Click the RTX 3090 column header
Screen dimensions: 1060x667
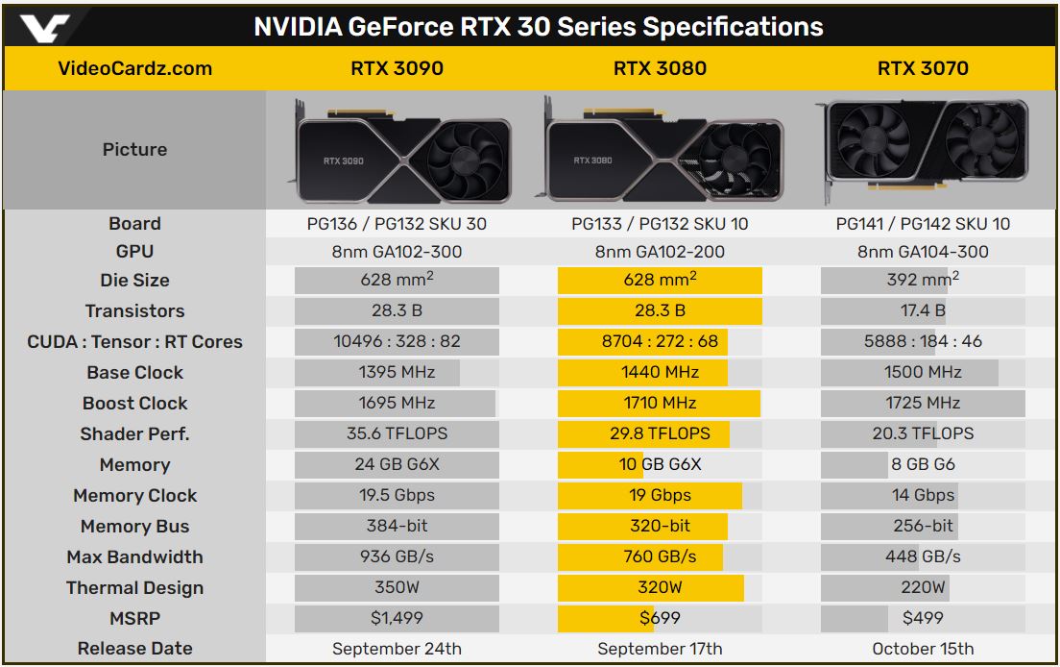click(x=397, y=68)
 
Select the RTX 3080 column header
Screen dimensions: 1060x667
click(x=660, y=68)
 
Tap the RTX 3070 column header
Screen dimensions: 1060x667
click(x=923, y=68)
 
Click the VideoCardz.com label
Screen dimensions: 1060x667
click(x=135, y=68)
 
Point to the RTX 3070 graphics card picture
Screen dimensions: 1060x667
click(x=923, y=150)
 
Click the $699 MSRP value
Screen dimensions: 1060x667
click(x=660, y=618)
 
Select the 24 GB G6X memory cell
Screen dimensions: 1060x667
click(x=397, y=465)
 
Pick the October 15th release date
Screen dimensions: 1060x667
click(x=923, y=650)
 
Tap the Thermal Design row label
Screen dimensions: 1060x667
click(x=135, y=588)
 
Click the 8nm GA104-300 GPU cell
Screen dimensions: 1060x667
click(x=923, y=253)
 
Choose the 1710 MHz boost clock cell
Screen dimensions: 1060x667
click(x=660, y=403)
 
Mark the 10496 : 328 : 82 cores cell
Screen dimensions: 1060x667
click(x=397, y=341)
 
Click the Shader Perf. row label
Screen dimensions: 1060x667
click(x=135, y=434)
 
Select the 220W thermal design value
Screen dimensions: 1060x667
click(x=923, y=587)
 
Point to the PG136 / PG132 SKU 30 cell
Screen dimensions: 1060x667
click(x=397, y=224)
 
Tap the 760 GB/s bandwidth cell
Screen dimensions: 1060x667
click(x=660, y=556)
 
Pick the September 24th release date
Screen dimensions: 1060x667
click(x=397, y=650)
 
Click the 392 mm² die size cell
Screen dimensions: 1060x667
click(x=923, y=280)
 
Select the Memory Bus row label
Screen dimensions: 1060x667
click(x=135, y=527)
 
